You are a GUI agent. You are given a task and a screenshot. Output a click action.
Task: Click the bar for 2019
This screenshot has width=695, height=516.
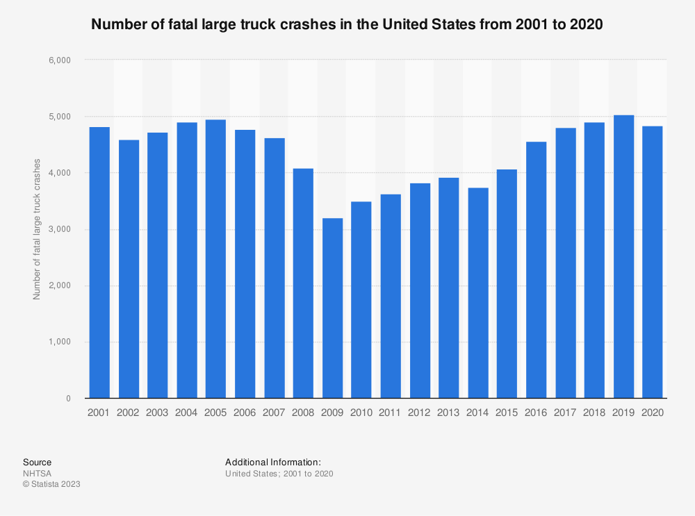click(623, 257)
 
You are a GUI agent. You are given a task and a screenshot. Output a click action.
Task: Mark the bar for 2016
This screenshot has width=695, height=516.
click(536, 270)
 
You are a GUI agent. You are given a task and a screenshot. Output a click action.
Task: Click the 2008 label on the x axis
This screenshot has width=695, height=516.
click(302, 412)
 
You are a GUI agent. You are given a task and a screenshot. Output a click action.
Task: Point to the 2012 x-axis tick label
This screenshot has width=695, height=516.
click(419, 412)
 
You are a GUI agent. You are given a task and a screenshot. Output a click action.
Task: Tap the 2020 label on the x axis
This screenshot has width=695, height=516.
click(653, 412)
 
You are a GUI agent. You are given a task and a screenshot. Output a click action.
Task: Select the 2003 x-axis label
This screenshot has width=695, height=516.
click(157, 412)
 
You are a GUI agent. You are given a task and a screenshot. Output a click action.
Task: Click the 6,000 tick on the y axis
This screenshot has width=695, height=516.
click(61, 60)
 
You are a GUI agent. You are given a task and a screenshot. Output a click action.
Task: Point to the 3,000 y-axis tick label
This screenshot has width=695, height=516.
click(61, 230)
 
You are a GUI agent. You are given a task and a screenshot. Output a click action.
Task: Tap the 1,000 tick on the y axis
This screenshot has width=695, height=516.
click(61, 342)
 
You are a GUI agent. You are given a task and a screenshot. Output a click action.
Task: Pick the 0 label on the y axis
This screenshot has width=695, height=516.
click(69, 399)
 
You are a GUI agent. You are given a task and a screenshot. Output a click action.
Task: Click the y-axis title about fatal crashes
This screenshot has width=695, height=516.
click(37, 229)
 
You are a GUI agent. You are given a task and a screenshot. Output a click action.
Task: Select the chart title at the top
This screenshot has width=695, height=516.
click(347, 24)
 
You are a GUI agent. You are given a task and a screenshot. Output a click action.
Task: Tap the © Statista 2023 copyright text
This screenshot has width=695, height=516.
click(51, 484)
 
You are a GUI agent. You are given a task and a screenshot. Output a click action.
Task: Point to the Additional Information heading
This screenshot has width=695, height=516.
click(272, 462)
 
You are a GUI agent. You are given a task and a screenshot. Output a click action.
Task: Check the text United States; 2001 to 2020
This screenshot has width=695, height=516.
click(279, 474)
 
